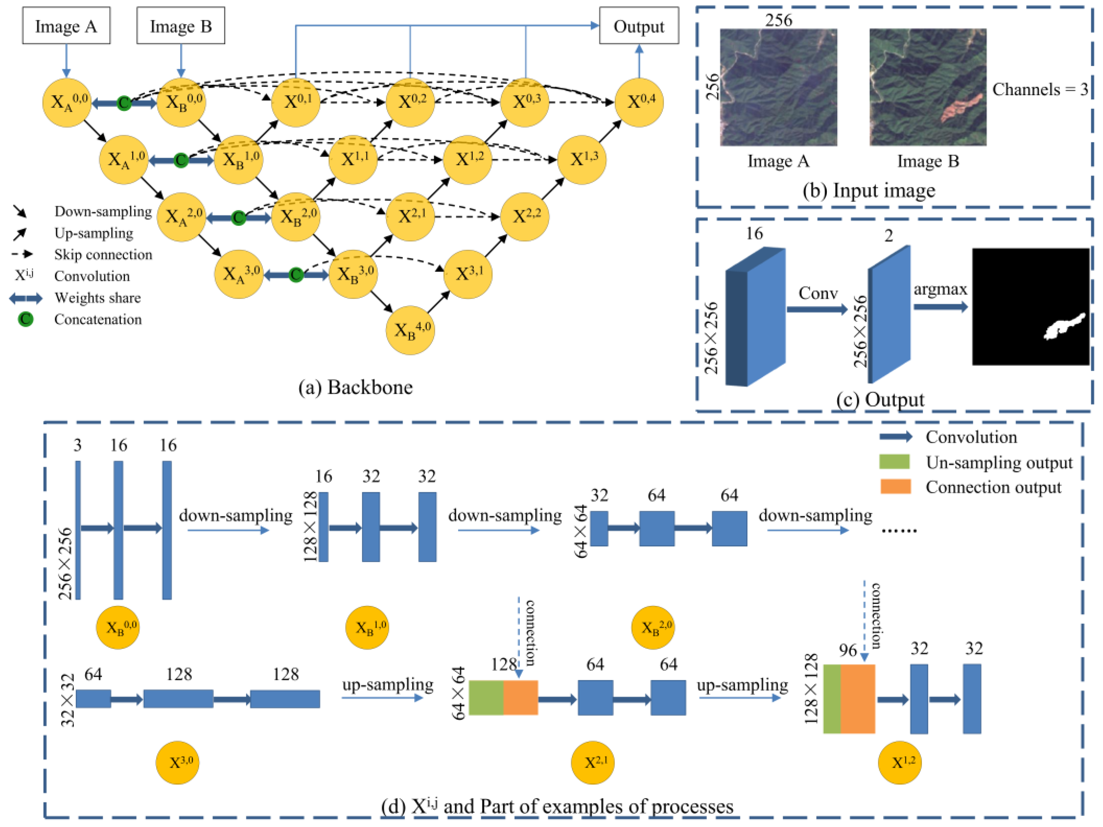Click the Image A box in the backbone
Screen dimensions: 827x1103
[66, 26]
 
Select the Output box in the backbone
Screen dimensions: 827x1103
[638, 26]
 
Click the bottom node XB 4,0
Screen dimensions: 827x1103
[410, 330]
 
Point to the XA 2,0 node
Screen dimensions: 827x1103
[181, 217]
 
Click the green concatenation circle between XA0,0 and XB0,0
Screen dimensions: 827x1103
[124, 103]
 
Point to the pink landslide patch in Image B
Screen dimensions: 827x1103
[960, 107]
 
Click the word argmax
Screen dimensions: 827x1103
[940, 289]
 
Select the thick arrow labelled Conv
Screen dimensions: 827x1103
[817, 309]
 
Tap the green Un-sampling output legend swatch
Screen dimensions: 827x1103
[894, 462]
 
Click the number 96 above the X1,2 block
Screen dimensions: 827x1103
[847, 650]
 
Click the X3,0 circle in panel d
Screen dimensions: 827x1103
[177, 763]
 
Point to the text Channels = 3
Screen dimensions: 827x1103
[1040, 90]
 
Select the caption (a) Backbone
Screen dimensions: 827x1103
[355, 388]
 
